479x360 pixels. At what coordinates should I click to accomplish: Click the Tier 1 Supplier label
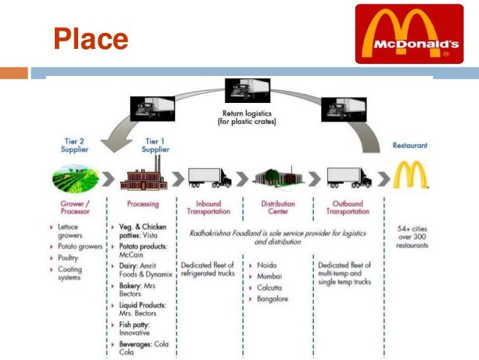click(155, 144)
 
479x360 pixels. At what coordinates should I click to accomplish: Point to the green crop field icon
click(75, 179)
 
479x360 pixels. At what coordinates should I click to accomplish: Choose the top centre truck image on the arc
click(250, 90)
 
